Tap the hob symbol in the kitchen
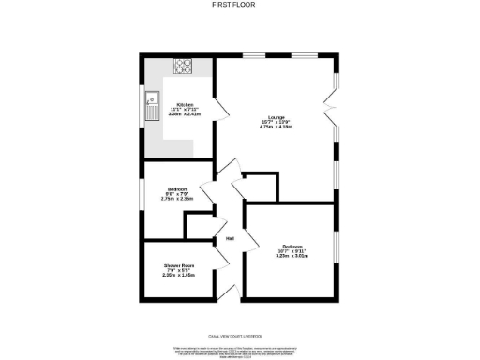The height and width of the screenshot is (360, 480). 182,67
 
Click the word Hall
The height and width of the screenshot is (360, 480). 229,239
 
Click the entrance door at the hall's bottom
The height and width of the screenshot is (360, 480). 225,293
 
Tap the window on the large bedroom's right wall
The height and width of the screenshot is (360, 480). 337,253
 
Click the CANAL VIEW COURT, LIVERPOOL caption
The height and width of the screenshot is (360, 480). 240,336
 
